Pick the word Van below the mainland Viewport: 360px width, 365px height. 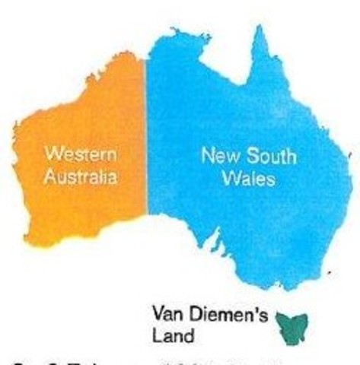[167, 314]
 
